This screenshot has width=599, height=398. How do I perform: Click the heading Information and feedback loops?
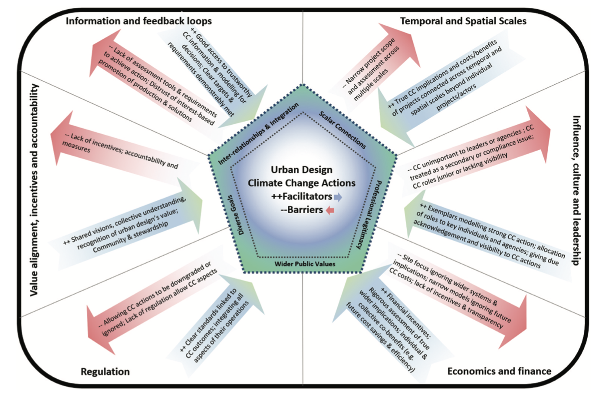(x=138, y=21)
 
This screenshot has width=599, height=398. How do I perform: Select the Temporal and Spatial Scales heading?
(x=463, y=21)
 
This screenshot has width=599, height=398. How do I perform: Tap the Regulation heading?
(x=105, y=371)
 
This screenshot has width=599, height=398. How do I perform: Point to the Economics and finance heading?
(x=499, y=371)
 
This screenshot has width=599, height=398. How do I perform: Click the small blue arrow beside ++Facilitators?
(x=338, y=197)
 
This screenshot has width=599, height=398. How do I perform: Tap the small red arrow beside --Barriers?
(x=330, y=210)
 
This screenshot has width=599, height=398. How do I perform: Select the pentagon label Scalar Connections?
(x=342, y=130)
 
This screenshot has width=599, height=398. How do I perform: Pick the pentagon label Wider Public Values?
(x=305, y=264)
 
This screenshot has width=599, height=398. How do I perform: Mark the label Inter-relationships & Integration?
(x=259, y=134)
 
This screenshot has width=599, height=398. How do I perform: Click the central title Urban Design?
(x=302, y=170)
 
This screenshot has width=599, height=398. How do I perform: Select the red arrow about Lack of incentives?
(x=117, y=148)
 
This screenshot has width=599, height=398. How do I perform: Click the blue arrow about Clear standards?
(x=217, y=322)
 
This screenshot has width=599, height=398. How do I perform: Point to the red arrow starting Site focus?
(x=456, y=295)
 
